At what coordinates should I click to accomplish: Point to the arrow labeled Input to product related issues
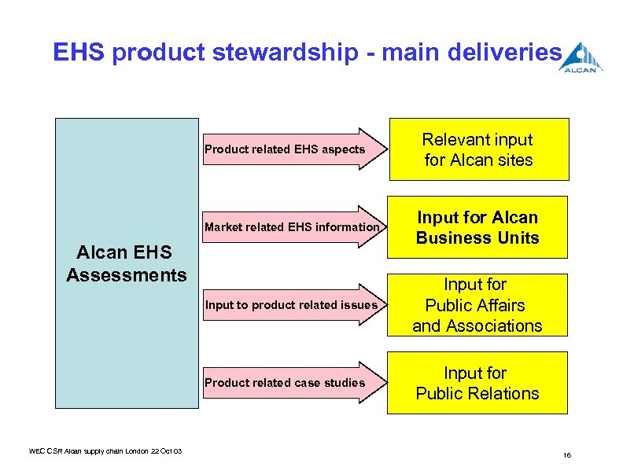pos(292,305)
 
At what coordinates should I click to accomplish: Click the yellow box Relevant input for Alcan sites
pos(477,149)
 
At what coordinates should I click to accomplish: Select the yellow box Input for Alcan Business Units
pos(477,227)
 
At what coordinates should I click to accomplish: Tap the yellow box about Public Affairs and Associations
pos(477,305)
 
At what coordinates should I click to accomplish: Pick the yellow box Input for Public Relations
pos(477,383)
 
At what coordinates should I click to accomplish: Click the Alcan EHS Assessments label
pos(127,263)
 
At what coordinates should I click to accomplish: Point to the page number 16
pos(567,455)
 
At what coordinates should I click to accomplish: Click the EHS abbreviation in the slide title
pos(79,53)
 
